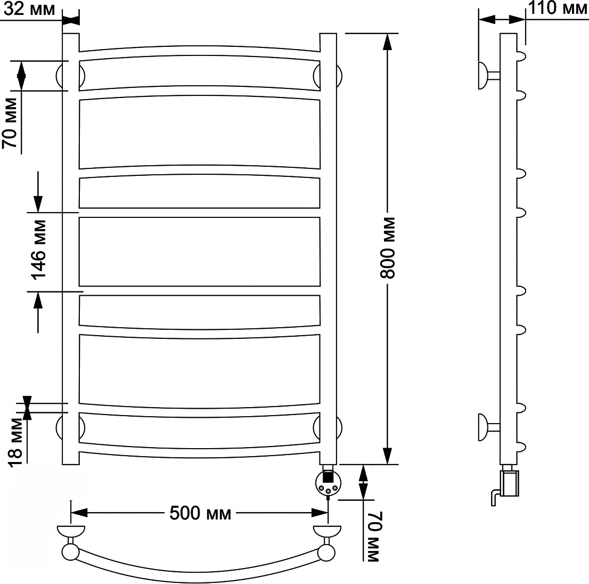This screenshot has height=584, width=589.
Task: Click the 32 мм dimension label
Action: tap(29, 9)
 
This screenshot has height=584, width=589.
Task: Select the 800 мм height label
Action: tap(388, 248)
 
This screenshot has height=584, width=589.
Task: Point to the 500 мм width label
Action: tap(200, 513)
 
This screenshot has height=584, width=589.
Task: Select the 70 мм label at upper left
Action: tap(10, 123)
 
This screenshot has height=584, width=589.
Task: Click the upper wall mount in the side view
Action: tap(488, 76)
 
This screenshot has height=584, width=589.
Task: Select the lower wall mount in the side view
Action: tap(488, 427)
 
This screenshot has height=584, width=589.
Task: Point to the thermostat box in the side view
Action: tap(510, 483)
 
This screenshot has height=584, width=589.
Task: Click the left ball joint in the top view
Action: tap(70, 553)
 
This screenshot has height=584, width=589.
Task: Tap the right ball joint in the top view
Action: tap(326, 553)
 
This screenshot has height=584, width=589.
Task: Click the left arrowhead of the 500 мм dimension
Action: tap(79, 513)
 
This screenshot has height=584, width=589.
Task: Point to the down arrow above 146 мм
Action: tap(38, 192)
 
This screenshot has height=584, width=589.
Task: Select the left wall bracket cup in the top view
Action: tap(71, 533)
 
